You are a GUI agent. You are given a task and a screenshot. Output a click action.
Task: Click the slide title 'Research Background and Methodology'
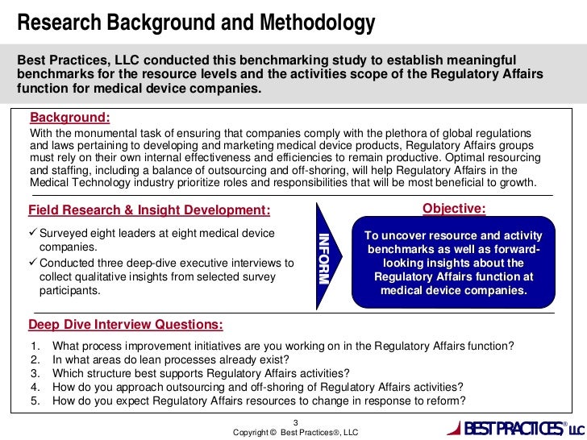(x=196, y=24)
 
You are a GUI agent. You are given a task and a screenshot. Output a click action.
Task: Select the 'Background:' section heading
(x=69, y=117)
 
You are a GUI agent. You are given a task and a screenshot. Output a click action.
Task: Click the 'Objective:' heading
(x=454, y=210)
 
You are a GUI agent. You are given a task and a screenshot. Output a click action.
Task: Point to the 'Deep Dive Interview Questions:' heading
(x=126, y=325)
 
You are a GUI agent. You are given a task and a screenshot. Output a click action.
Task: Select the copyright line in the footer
(x=295, y=433)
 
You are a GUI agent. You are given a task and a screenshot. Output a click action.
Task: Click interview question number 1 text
(x=282, y=346)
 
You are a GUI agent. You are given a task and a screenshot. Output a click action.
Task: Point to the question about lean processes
(x=170, y=359)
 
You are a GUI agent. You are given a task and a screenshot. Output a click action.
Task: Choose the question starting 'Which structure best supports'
(x=201, y=373)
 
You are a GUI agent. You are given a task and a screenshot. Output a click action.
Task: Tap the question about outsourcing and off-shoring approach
(x=257, y=387)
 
